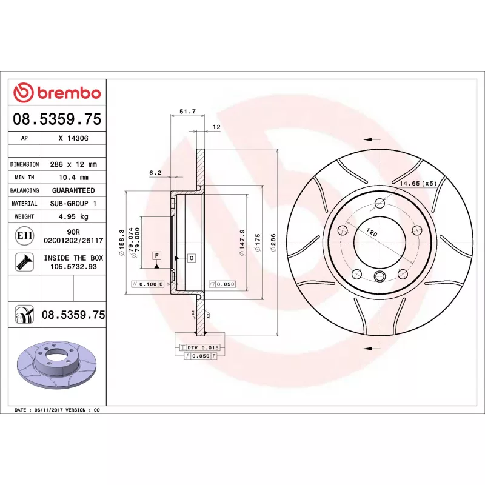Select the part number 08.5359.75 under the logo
[57, 119]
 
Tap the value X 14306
[73, 138]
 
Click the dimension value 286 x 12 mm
[73, 164]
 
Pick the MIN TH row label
[24, 178]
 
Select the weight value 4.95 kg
[73, 216]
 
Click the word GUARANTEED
[73, 190]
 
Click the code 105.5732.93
[73, 266]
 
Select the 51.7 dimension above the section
[187, 112]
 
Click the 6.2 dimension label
[155, 173]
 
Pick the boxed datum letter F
[156, 255]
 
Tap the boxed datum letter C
[191, 258]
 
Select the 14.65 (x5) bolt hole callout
[418, 182]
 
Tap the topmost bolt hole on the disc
[380, 203]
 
